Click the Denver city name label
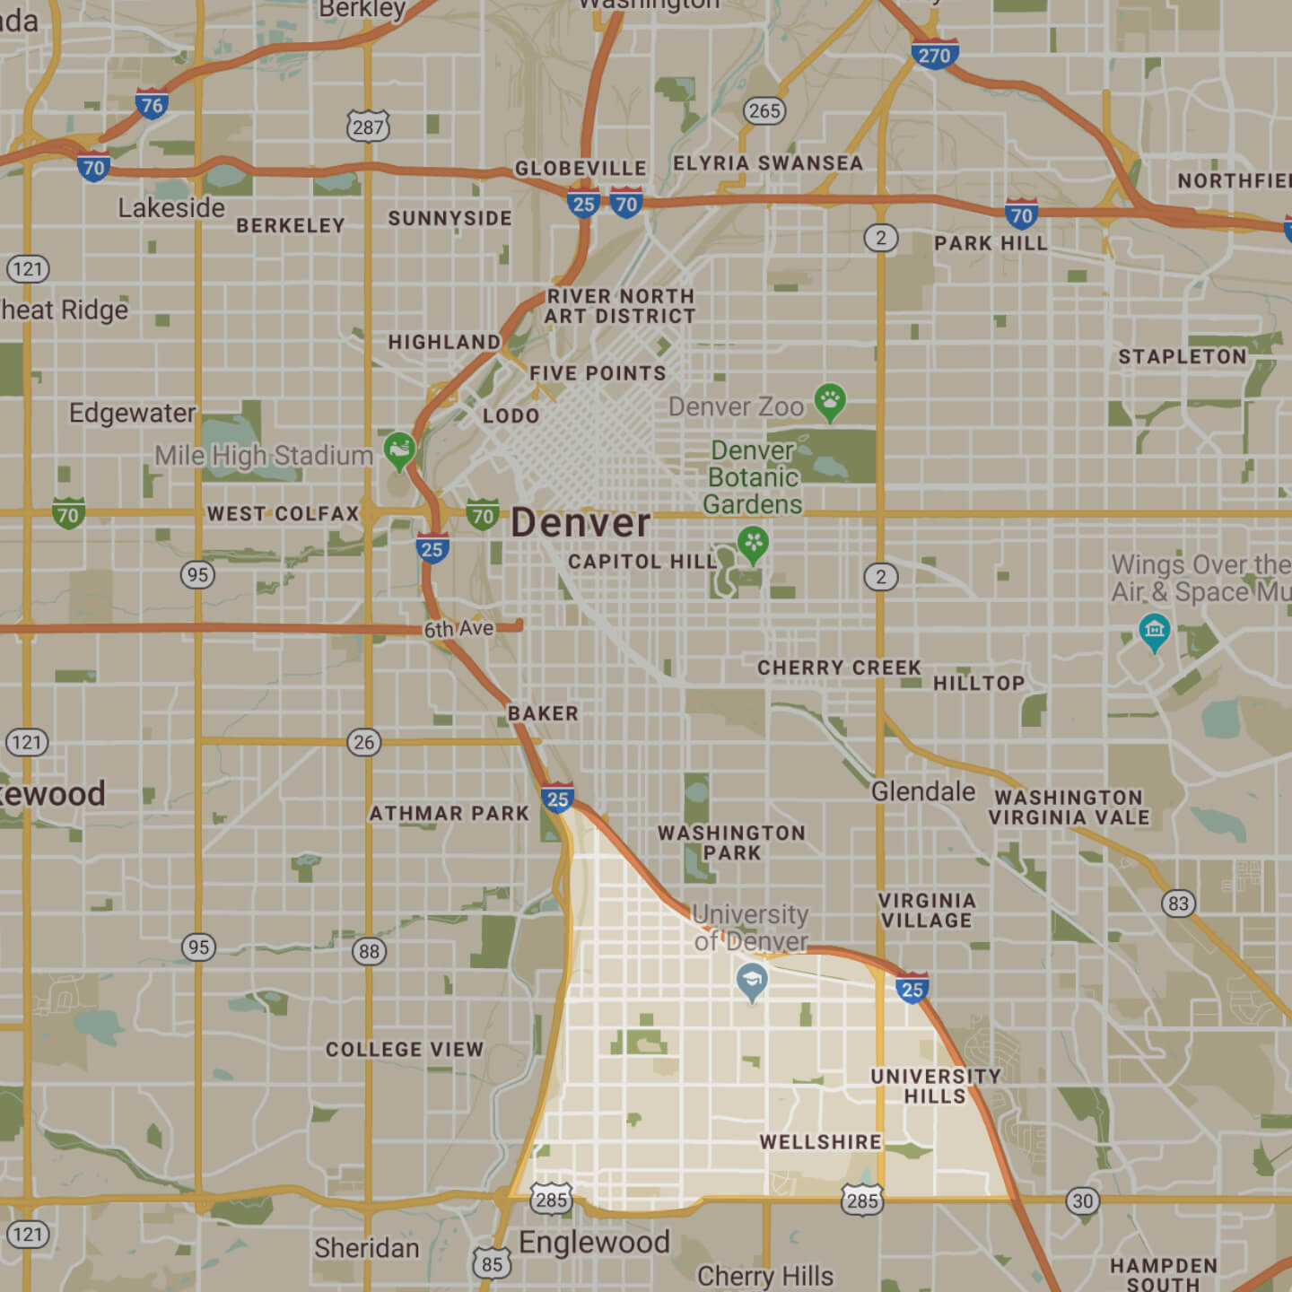click(581, 523)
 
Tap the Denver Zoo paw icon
click(830, 402)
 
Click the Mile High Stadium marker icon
click(399, 450)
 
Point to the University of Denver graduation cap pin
click(751, 982)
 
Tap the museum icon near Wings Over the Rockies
click(1154, 631)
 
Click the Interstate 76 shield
click(152, 105)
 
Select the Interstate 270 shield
click(934, 56)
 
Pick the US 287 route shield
click(368, 127)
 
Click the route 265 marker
click(764, 110)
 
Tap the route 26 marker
click(363, 742)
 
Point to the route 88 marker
click(369, 951)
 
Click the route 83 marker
click(1178, 904)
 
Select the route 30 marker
click(1083, 1200)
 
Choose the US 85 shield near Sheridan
click(492, 1264)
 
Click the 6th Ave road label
click(458, 629)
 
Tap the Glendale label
click(923, 791)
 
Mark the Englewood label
click(594, 1243)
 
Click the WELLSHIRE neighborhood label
click(820, 1142)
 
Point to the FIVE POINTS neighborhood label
click(598, 373)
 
